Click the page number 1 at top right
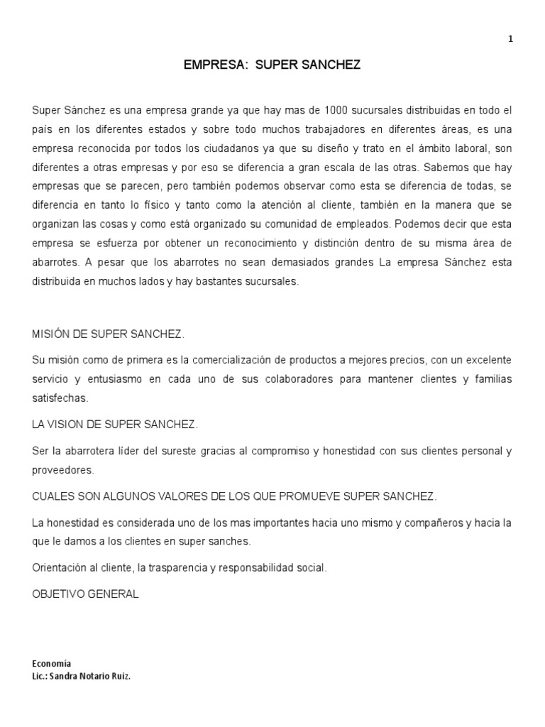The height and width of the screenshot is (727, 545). click(x=510, y=40)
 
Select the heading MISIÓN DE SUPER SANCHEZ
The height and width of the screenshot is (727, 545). click(x=109, y=334)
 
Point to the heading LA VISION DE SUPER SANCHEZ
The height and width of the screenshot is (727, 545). click(x=116, y=425)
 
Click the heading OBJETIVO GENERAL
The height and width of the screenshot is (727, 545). click(x=85, y=594)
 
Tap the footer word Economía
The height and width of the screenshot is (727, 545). click(x=52, y=664)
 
